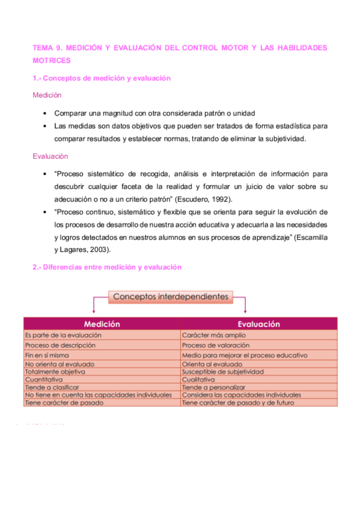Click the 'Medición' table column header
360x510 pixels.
click(102, 324)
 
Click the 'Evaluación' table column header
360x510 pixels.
click(258, 324)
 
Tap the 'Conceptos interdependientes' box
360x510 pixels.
click(171, 296)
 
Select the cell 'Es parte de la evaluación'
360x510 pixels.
click(63, 335)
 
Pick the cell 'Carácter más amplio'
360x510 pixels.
click(214, 335)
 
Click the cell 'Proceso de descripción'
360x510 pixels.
click(59, 345)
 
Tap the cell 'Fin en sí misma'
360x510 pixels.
click(47, 355)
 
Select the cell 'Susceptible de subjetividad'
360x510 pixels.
click(223, 372)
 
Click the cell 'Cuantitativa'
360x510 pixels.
click(43, 379)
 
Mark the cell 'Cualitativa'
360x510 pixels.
click(198, 379)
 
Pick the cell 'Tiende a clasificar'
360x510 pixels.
click(52, 387)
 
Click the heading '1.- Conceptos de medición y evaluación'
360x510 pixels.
click(102, 78)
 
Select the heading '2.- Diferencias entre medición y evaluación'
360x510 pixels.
click(107, 267)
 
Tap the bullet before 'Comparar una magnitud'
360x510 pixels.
click(46, 113)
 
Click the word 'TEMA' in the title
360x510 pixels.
click(43, 48)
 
